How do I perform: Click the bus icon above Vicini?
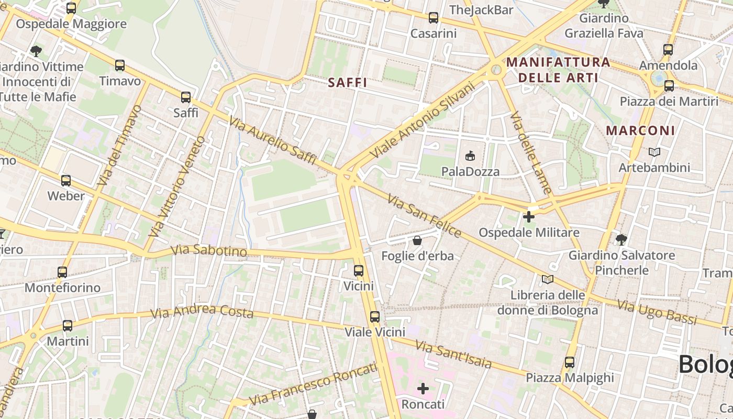(359, 271)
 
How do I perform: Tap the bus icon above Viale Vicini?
(375, 317)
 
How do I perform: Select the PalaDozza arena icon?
(470, 156)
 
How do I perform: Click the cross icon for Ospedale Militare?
(529, 216)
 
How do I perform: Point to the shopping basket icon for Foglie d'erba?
(417, 240)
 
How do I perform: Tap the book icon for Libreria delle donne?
(548, 279)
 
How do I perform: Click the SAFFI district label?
(347, 83)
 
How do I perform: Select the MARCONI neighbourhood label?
(640, 130)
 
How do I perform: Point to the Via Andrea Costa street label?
(202, 312)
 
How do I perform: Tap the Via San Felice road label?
(425, 215)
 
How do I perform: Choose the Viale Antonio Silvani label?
(421, 120)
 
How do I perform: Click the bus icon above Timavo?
(120, 65)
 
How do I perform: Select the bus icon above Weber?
(66, 181)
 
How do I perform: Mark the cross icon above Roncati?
(423, 389)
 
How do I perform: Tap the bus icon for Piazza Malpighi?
(570, 362)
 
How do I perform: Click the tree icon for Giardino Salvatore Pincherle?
(621, 240)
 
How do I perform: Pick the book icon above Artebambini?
(654, 152)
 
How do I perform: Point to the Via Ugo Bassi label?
(657, 312)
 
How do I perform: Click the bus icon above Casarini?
(434, 18)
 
